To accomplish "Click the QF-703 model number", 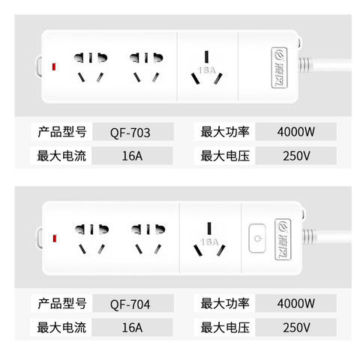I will coord(130,133).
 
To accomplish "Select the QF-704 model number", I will coord(130,304).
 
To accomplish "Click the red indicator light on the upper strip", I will coord(54,68).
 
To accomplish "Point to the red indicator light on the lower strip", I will coord(54,240).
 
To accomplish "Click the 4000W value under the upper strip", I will coord(295,133).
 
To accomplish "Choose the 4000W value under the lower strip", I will coord(295,304).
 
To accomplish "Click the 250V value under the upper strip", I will coord(295,157).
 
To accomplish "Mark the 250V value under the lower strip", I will coord(295,328).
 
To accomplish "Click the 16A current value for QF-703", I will coord(130,157).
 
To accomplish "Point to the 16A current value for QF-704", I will coord(130,328).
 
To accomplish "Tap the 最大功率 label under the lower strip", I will coord(226,304).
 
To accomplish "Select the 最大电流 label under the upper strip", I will coord(63,157).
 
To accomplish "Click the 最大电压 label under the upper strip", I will coord(226,157).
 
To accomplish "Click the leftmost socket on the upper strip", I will coord(90,67).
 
